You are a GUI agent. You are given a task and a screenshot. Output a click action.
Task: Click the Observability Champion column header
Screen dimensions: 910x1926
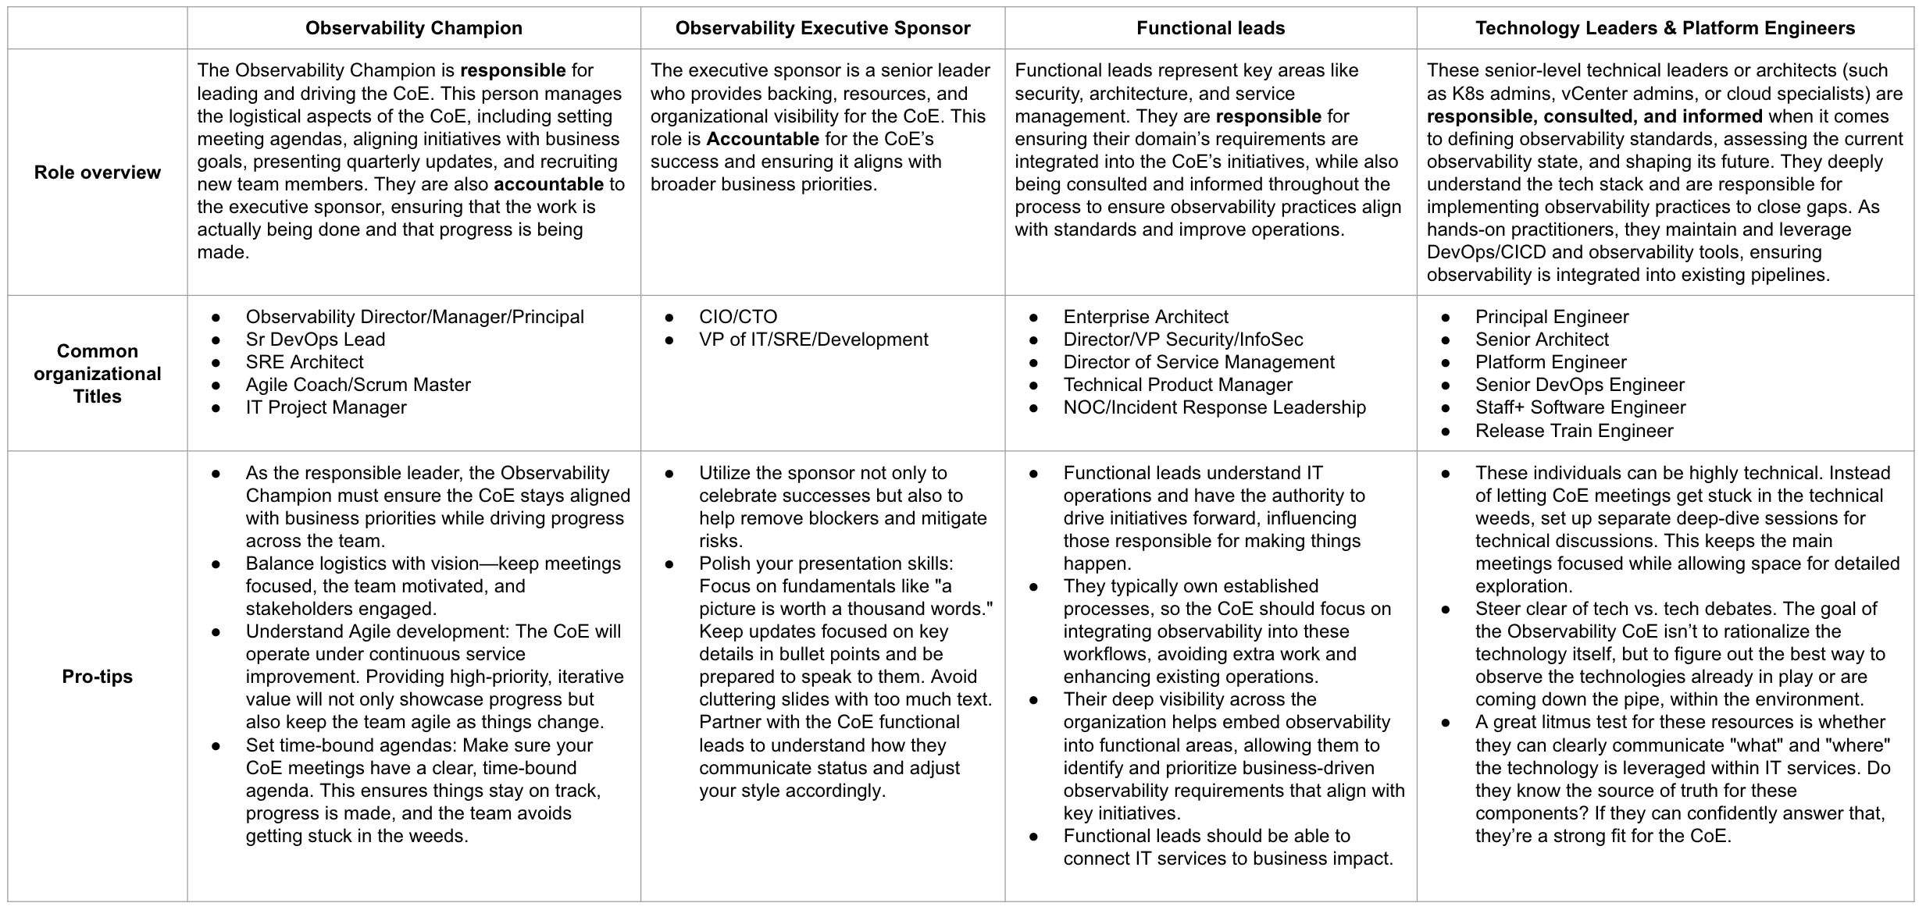point(413,28)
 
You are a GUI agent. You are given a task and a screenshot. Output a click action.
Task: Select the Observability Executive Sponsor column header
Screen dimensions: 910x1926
point(822,28)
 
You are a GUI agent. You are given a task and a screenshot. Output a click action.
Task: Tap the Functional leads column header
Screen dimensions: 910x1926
point(1210,28)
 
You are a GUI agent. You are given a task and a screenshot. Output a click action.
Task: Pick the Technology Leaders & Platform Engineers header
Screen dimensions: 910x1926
point(1664,28)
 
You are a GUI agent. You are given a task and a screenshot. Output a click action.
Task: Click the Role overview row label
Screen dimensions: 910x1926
point(98,172)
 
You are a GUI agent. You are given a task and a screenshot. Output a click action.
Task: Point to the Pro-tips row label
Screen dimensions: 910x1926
point(98,677)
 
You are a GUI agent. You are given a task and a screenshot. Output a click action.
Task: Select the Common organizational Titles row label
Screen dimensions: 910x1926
point(98,373)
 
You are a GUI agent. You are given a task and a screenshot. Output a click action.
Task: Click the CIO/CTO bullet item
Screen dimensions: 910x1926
point(738,317)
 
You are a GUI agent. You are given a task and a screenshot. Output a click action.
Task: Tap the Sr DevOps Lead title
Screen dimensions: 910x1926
point(316,339)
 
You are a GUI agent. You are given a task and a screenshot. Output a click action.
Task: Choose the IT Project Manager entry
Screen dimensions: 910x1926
point(326,407)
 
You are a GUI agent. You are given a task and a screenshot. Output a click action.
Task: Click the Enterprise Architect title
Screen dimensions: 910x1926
point(1145,317)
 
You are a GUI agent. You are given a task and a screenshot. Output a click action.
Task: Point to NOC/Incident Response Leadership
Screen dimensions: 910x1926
point(1214,407)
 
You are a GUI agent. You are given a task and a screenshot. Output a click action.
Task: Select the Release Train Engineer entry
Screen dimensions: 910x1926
point(1574,431)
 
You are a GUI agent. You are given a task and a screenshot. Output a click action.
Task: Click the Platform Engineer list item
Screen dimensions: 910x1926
point(1550,362)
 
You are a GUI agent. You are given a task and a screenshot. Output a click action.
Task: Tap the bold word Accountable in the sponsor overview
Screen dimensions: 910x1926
point(762,139)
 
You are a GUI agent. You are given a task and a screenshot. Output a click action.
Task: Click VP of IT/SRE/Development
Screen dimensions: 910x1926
point(813,339)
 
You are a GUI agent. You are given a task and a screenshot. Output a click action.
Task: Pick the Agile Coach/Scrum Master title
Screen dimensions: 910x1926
point(358,385)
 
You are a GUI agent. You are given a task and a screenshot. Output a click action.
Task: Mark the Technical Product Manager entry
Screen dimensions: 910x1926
point(1177,385)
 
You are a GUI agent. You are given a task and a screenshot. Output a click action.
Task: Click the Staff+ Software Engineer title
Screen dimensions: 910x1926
point(1580,407)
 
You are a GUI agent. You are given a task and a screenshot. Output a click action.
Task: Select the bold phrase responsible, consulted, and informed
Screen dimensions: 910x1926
point(1594,116)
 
